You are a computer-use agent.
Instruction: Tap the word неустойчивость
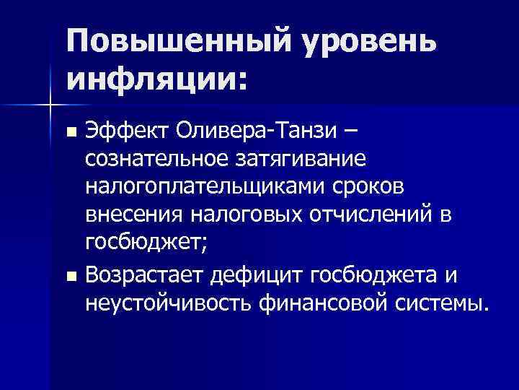coord(169,302)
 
